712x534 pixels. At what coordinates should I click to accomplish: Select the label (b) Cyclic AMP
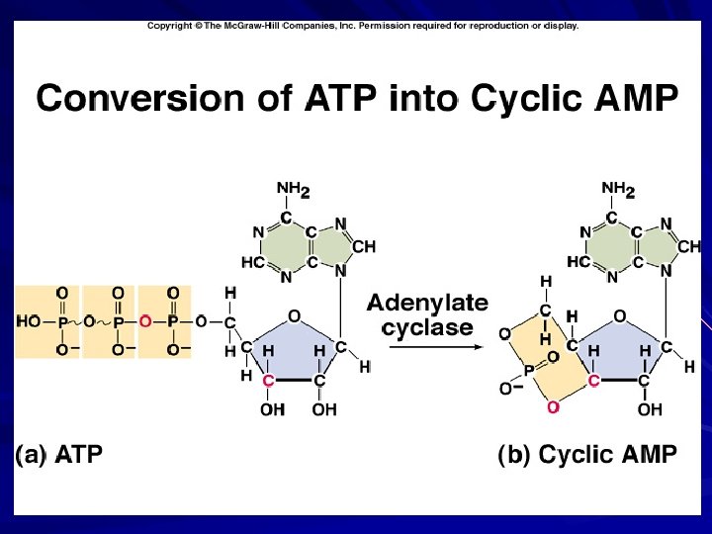[587, 455]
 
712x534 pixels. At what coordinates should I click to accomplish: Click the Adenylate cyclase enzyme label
[428, 314]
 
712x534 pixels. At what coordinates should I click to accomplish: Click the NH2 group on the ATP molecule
[293, 187]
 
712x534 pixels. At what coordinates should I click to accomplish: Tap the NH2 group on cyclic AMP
[618, 187]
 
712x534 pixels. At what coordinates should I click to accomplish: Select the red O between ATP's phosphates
[145, 321]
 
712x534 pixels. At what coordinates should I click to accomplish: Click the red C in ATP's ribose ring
[268, 380]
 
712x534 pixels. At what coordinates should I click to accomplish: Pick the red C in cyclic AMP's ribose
[593, 380]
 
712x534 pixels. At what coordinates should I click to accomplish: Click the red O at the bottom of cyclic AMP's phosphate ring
[553, 405]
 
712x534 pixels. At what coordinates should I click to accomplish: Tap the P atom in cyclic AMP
[528, 370]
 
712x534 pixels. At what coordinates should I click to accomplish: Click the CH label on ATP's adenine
[363, 246]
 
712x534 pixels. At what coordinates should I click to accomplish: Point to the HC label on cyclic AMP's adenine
[578, 262]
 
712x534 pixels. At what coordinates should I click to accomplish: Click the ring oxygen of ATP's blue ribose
[293, 315]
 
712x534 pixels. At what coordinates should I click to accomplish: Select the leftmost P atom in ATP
[62, 321]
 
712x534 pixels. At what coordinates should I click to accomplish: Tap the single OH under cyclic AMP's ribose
[650, 408]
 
